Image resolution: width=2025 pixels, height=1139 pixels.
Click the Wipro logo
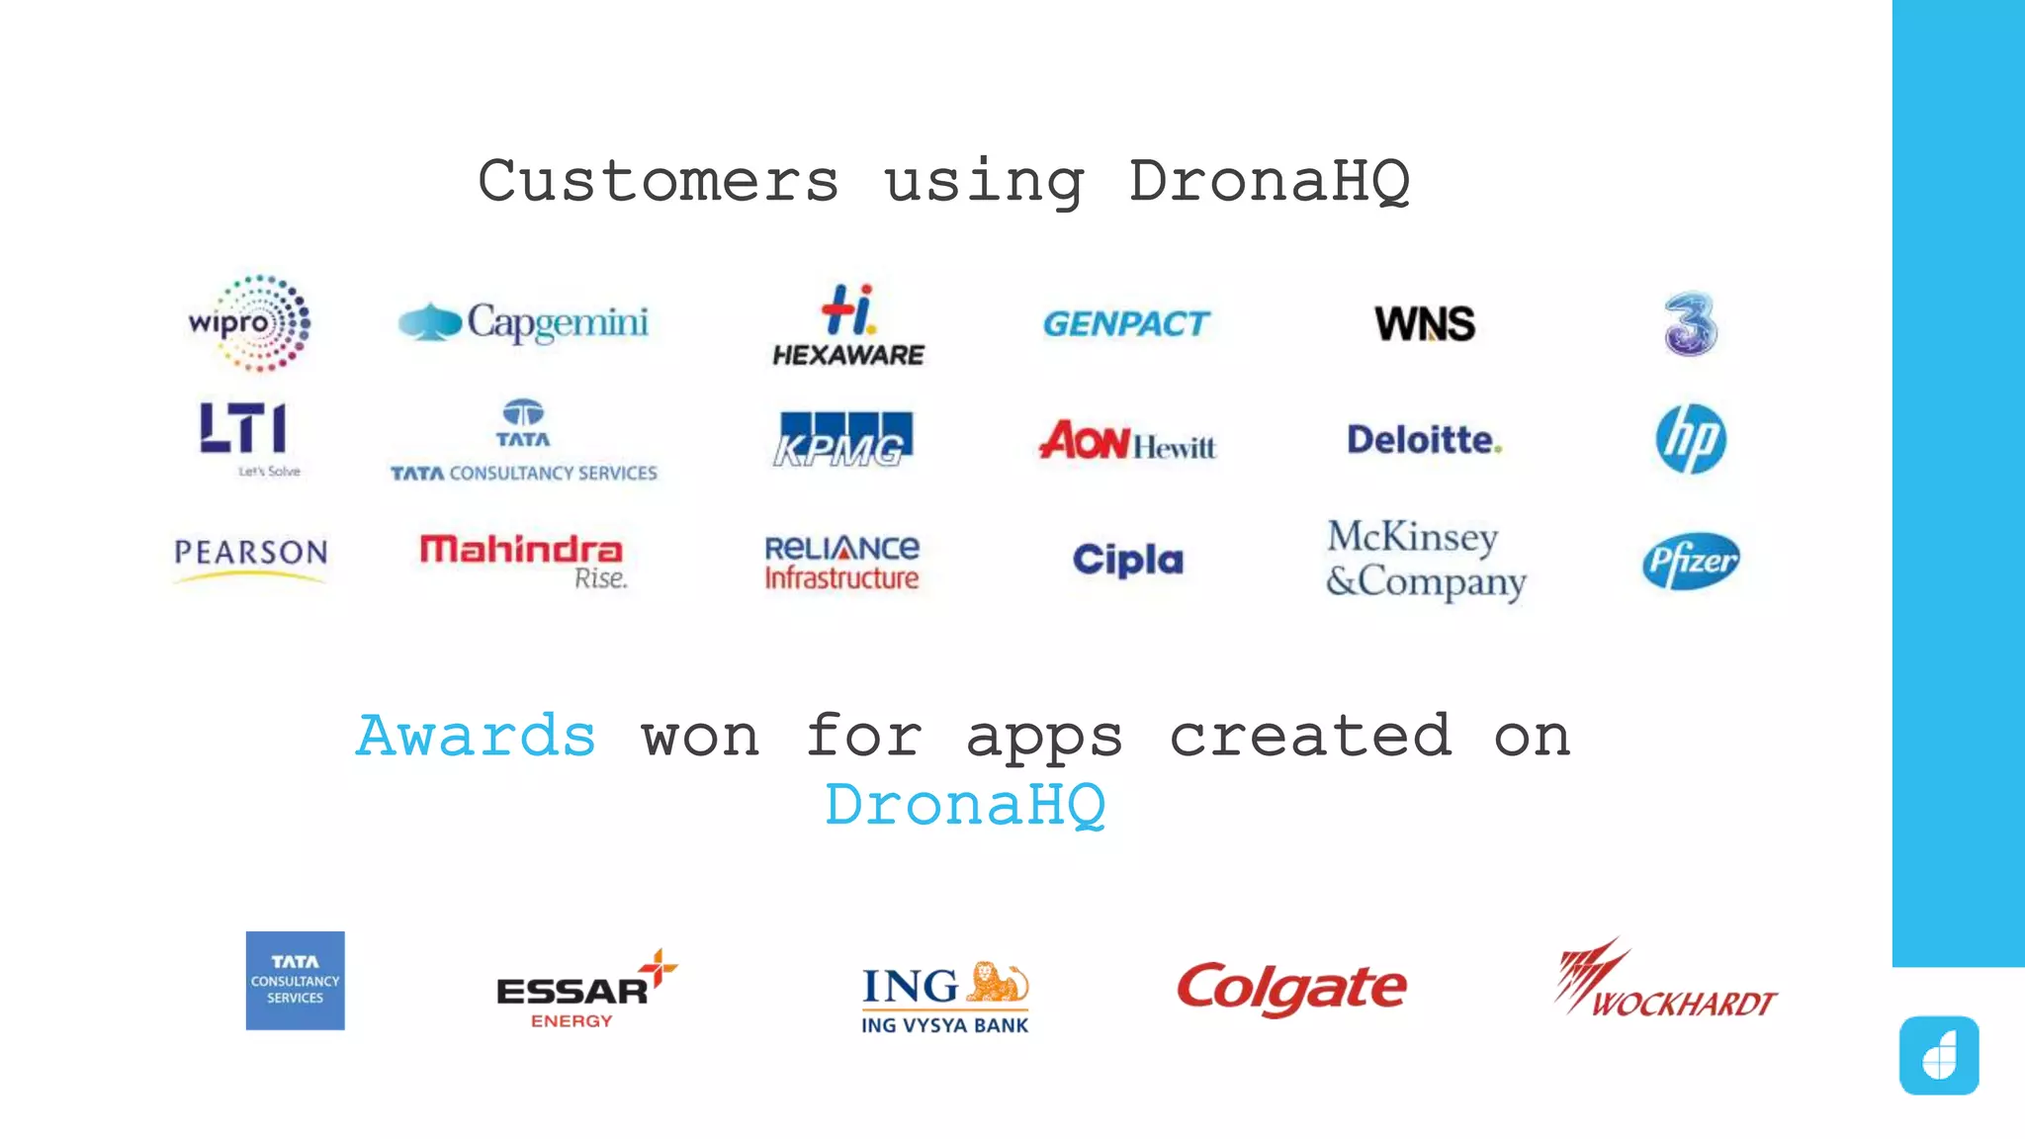[250, 323]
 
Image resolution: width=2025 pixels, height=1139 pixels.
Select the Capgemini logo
[523, 322]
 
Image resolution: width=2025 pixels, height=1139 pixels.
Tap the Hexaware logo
[848, 325]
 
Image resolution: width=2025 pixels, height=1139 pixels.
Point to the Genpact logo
[1126, 323]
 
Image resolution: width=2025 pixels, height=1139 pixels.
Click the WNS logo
[1425, 323]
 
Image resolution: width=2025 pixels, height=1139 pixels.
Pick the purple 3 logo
[1691, 323]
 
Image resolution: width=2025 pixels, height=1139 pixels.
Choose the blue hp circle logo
[1691, 438]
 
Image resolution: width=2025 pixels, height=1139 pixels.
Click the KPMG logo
[842, 439]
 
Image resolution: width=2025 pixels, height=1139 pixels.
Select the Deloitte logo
[1424, 440]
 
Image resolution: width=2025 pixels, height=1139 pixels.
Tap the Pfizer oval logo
[1691, 562]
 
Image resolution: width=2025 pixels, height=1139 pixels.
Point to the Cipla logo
[1128, 560]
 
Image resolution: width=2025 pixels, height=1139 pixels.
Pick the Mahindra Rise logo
[523, 560]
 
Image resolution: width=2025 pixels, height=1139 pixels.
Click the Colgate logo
[1291, 988]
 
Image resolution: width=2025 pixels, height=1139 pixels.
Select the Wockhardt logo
[1665, 981]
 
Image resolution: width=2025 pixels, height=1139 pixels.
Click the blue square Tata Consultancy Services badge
[296, 981]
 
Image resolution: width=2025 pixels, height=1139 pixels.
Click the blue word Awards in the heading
[476, 737]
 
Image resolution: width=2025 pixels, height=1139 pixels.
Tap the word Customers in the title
[659, 182]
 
